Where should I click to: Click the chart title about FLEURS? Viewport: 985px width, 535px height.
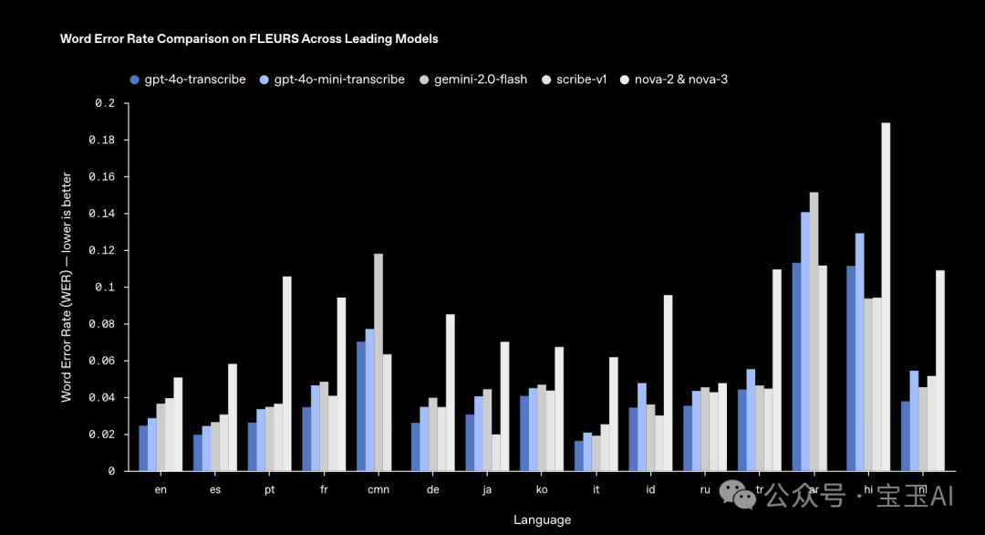(x=249, y=39)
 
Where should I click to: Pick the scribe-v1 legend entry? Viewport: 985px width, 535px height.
(x=581, y=79)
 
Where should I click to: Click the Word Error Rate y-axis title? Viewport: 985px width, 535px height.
(x=67, y=287)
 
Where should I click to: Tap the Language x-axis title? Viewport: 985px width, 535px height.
(x=542, y=519)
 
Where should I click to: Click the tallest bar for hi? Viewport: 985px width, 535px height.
(x=886, y=297)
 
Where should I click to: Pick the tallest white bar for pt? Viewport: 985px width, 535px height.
(x=287, y=373)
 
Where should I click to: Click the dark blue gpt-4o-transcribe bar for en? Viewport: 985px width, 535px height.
(x=143, y=448)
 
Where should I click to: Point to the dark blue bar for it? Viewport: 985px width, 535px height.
(x=579, y=456)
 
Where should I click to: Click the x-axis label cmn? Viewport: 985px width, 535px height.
(x=378, y=490)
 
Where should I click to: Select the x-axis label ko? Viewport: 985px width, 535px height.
(x=542, y=490)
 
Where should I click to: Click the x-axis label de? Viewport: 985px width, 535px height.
(x=432, y=490)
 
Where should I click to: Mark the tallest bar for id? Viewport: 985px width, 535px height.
(x=668, y=383)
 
